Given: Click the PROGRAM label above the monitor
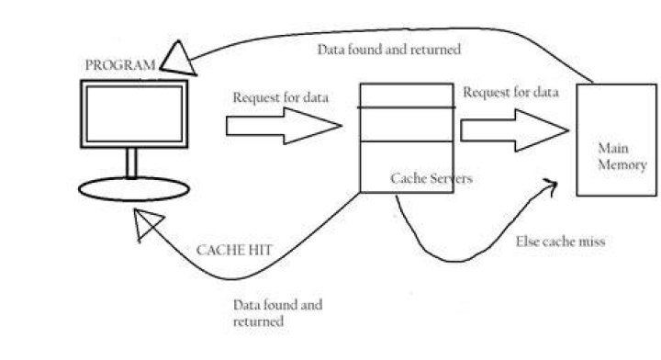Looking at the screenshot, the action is [x=120, y=65].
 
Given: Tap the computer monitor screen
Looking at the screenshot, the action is [x=134, y=114].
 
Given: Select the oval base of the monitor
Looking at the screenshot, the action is [x=134, y=189].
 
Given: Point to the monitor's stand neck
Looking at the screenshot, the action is [x=131, y=163].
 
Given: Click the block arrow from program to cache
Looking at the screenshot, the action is [x=284, y=126].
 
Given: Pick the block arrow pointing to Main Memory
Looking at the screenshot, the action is [x=514, y=130].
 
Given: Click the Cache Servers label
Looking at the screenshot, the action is [x=431, y=178].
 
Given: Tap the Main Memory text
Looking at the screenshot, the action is [x=622, y=156].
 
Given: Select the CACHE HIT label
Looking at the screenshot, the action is [x=234, y=250].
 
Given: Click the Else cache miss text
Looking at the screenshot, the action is [x=560, y=242].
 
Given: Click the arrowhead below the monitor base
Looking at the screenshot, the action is [x=148, y=223].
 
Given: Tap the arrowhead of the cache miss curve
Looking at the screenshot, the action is [x=551, y=186].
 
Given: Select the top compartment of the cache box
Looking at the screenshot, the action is [x=407, y=96].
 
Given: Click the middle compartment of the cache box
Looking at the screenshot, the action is [x=407, y=125].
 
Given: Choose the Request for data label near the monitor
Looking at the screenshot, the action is [x=281, y=97].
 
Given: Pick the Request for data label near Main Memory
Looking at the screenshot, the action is [x=511, y=93].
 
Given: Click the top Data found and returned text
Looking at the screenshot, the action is [x=388, y=50].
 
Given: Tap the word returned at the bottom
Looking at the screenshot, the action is [x=258, y=321].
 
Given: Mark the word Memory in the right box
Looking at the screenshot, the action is [x=622, y=164].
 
